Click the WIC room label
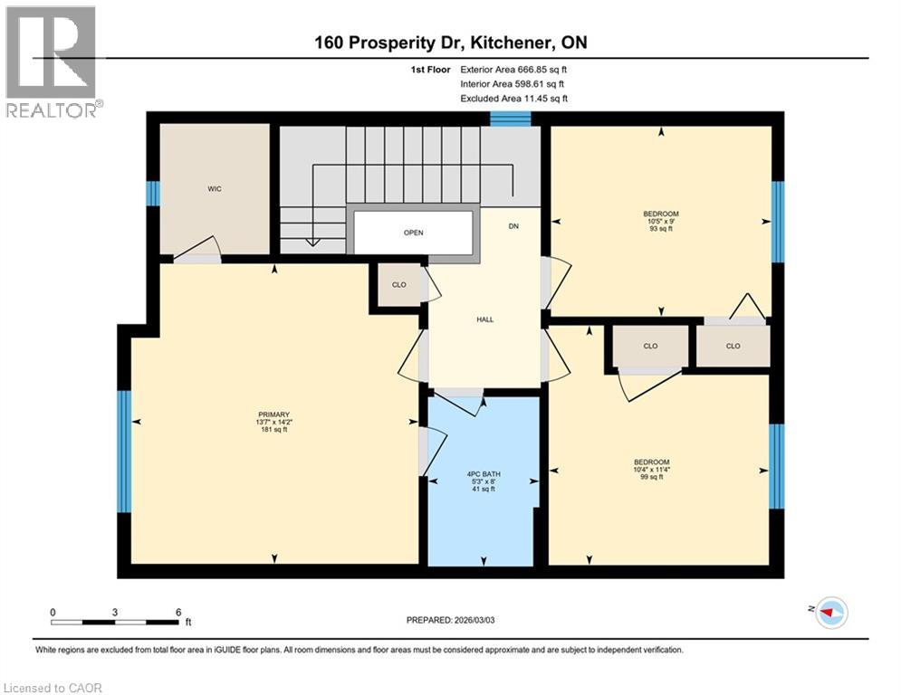pos(214,189)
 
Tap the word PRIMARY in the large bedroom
pos(272,414)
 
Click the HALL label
pos(484,319)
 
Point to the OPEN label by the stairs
pos(413,233)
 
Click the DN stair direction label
pos(513,225)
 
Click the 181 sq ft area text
pos(272,430)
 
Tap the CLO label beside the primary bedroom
pos(398,285)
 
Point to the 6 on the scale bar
pos(177,612)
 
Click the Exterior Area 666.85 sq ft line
pos(514,69)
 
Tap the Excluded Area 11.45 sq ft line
pos(514,98)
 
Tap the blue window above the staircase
pos(510,118)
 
